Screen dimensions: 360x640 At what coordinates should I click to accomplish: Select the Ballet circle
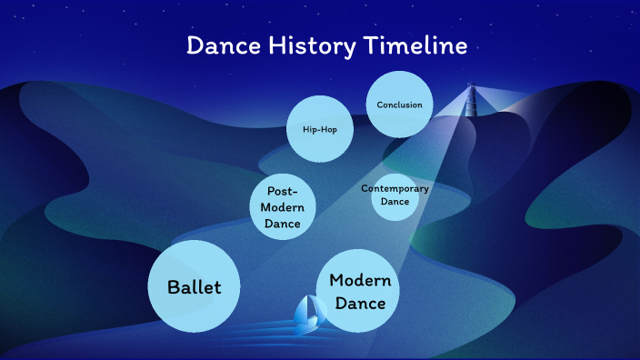[x=194, y=286]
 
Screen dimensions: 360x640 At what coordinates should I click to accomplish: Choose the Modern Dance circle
[x=360, y=292]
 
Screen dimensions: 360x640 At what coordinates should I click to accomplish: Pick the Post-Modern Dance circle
[x=283, y=207]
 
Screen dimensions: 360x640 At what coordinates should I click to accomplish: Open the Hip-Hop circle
[x=319, y=129]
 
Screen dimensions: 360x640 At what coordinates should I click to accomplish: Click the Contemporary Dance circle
[x=395, y=195]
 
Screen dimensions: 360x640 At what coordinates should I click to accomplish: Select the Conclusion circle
[x=399, y=105]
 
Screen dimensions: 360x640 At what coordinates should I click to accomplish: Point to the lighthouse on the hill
[x=471, y=95]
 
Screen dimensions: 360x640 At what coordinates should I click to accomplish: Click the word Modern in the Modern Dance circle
[x=360, y=280]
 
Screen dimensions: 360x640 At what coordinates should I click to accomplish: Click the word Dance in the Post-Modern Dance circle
[x=283, y=223]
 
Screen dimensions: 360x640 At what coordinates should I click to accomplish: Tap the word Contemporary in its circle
[x=395, y=189]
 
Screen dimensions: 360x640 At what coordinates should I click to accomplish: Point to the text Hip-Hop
[x=319, y=129]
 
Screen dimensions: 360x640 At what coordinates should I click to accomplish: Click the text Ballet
[x=194, y=287]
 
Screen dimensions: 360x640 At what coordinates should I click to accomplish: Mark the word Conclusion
[x=399, y=105]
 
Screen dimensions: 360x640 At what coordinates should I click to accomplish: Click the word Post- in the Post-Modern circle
[x=283, y=192]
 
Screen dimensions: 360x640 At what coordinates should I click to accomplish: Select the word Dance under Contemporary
[x=395, y=202]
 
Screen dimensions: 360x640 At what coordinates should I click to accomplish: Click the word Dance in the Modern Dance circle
[x=360, y=303]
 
